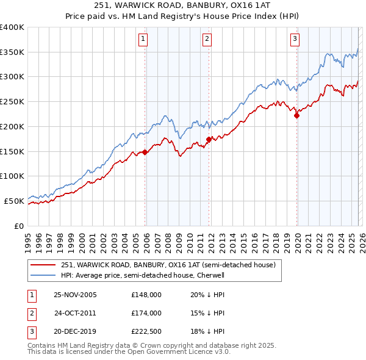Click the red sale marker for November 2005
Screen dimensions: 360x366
(145, 153)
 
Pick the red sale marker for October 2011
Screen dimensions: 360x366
(209, 140)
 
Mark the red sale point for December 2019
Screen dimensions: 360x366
(297, 115)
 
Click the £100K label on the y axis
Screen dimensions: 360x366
(12, 176)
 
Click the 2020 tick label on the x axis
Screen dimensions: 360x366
(297, 243)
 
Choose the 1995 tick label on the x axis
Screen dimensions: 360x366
(28, 243)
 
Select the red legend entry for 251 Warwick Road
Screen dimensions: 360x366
(168, 265)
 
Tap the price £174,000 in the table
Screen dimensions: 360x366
(146, 313)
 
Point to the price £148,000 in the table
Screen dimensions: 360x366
(146, 295)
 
